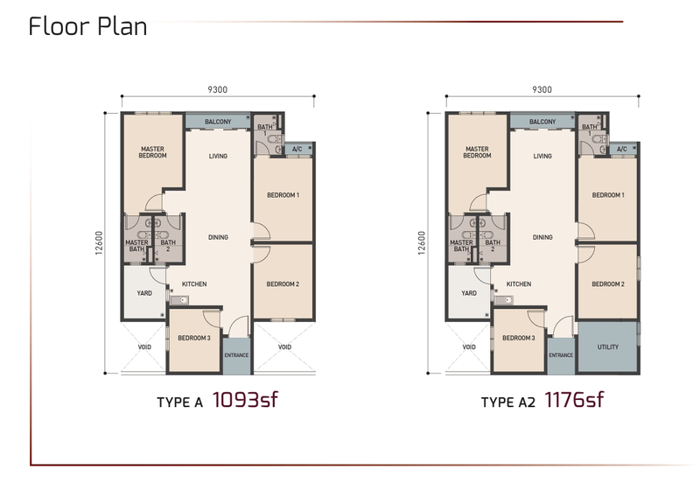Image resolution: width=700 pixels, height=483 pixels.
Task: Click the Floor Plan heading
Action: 87,25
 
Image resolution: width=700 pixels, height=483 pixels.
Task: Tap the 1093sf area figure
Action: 246,401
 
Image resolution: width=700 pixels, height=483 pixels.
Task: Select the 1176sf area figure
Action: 573,401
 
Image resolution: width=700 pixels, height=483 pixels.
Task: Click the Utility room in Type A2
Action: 607,347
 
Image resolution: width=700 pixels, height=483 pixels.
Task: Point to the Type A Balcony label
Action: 218,122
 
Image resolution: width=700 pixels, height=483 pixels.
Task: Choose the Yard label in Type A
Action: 143,293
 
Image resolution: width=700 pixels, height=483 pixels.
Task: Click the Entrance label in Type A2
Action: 561,355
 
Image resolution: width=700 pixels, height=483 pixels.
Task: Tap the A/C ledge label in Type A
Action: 297,149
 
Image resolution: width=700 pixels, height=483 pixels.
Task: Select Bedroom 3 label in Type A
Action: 194,338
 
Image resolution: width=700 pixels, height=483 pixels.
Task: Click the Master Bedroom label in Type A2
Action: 477,152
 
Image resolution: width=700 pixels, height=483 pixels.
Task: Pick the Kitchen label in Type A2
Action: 519,283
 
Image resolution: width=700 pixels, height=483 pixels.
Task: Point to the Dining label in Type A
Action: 218,237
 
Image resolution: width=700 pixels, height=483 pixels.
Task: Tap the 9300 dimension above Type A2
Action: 542,89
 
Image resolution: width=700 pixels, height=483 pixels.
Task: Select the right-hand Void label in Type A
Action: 284,346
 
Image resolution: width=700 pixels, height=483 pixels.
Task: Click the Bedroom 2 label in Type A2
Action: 607,283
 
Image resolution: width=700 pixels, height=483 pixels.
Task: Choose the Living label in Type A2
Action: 542,157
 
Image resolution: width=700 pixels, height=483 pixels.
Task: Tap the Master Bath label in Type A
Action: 136,246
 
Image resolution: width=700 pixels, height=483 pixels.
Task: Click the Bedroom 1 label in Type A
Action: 283,195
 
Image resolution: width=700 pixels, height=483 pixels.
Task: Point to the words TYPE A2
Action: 507,402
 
